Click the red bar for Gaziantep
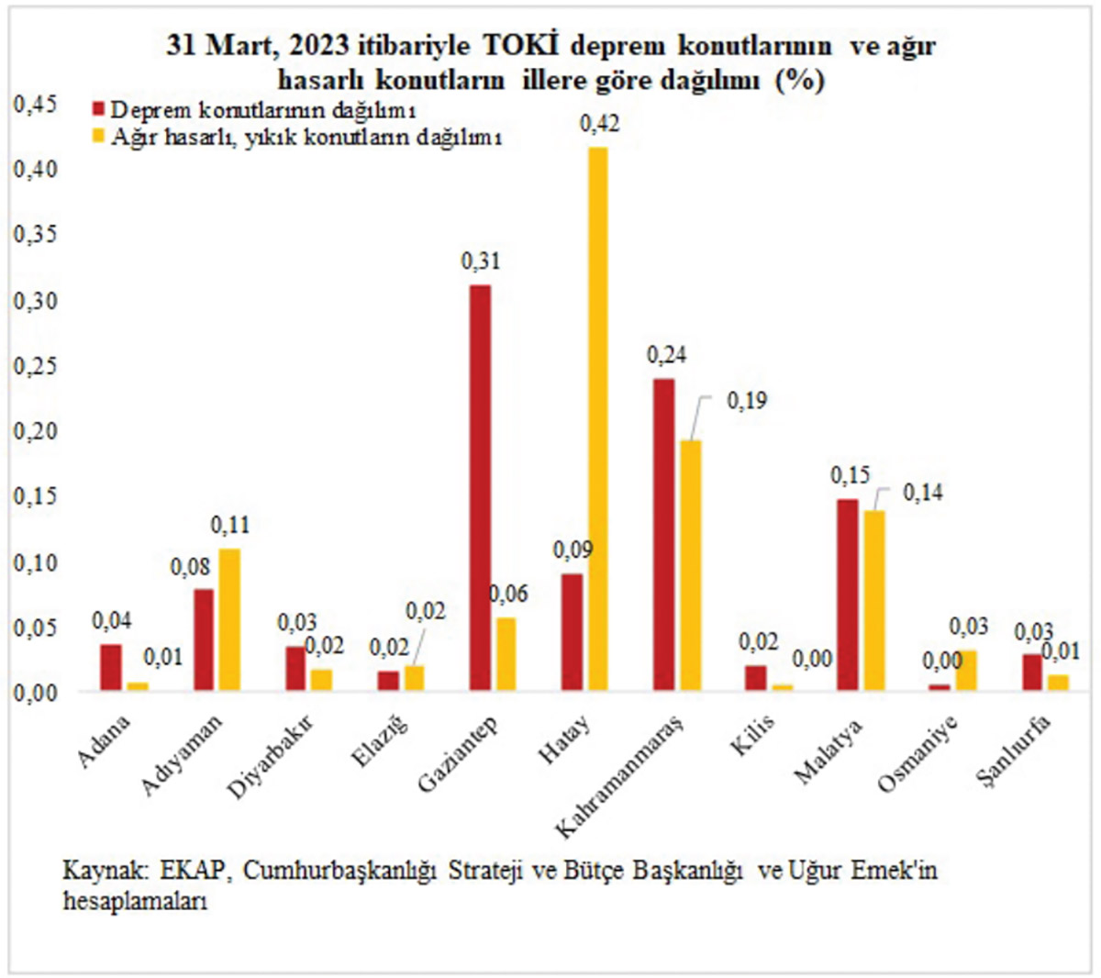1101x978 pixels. (480, 487)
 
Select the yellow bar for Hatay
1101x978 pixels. (597, 418)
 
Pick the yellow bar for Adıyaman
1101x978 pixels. (228, 619)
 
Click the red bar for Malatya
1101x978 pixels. (847, 595)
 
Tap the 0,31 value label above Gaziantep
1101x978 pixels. (480, 261)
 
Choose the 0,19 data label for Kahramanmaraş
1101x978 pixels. (747, 401)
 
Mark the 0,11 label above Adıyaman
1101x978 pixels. (230, 526)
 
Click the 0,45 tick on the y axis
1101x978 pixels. (35, 105)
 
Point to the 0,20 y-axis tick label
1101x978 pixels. (35, 431)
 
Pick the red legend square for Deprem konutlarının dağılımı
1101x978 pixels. (99, 110)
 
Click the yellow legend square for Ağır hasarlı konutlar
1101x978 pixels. (99, 136)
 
